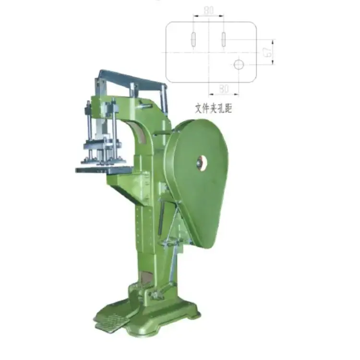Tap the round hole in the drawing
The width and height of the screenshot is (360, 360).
coord(239,64)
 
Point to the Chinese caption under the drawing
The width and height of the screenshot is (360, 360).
coord(213,108)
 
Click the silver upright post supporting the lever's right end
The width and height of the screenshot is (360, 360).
coord(164,98)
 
